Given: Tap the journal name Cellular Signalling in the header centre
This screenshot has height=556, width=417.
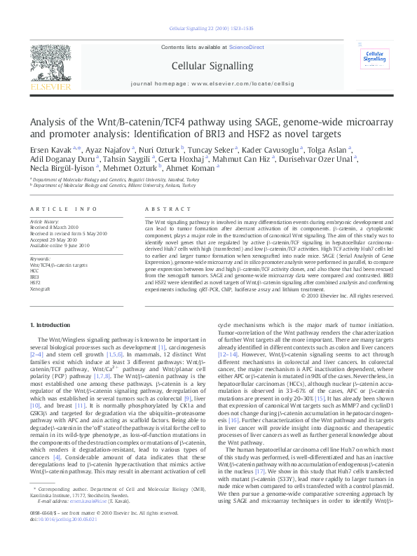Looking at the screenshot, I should click(207, 66).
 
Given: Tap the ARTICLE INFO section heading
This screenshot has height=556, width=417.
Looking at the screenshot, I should click(64, 209).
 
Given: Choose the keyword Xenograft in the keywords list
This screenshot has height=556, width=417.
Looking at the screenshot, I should click(40, 289).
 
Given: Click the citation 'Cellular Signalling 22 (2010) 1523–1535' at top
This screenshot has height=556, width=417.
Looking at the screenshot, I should click(207, 29).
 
